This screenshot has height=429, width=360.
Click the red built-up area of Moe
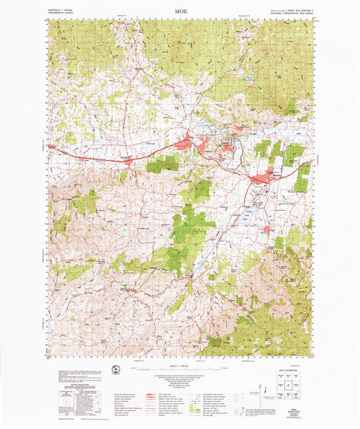point(184,145)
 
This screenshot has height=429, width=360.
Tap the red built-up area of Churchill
point(268,229)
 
